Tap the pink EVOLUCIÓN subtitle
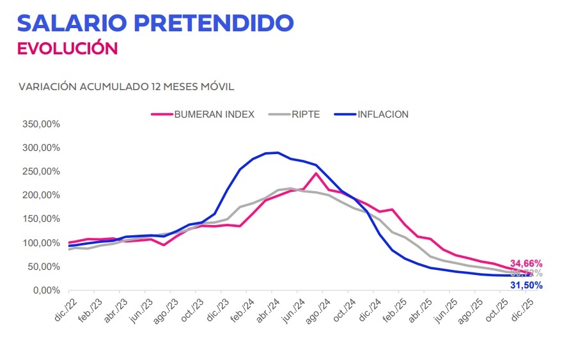point(67,49)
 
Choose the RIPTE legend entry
point(305,114)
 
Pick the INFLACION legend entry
point(383,114)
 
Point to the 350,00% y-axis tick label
point(40,124)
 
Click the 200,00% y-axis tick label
point(40,195)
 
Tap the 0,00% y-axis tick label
point(45,290)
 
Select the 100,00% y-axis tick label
point(40,243)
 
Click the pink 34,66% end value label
point(526,263)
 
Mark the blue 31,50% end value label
point(526,285)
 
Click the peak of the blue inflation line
point(276,152)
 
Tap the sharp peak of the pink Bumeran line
point(316,173)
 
